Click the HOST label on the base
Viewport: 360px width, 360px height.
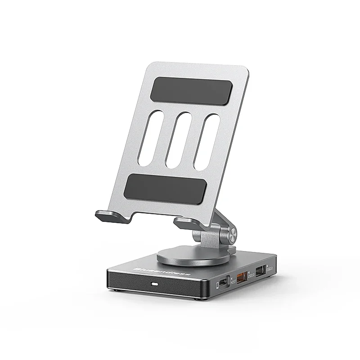(x=233, y=282)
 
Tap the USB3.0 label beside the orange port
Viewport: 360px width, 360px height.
(x=251, y=275)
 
